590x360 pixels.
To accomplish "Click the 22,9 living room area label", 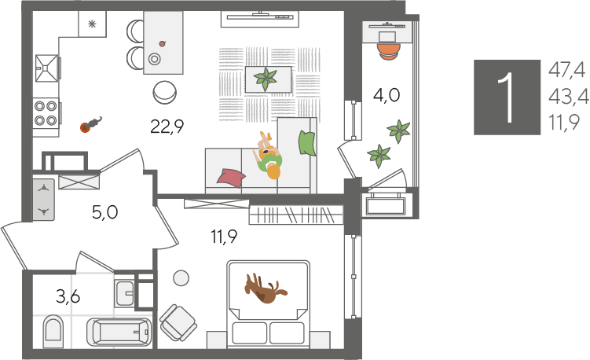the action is point(167,126).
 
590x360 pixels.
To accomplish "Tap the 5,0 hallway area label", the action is point(105,212).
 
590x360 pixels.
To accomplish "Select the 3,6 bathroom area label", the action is point(68,297).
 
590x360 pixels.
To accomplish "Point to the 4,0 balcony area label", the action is point(387,95).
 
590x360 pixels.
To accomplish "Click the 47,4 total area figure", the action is point(566,70).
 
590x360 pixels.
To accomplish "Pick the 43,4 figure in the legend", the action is point(569,97).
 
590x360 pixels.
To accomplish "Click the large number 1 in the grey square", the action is point(507,97).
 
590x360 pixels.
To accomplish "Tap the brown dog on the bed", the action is point(266,288).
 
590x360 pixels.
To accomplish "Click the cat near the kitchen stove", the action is point(90,125).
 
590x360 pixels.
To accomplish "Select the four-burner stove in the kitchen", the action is point(46,113).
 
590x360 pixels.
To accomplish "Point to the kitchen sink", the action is point(47,68).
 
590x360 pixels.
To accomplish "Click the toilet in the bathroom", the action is point(53,332).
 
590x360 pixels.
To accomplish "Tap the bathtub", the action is point(119,332).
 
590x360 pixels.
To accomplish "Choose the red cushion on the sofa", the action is point(231,178).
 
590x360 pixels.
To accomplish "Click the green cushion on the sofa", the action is point(306,143).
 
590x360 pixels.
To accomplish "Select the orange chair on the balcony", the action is point(388,51).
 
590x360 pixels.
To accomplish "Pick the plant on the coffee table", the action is point(266,79).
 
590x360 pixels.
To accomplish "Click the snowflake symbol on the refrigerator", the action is point(92,24).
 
